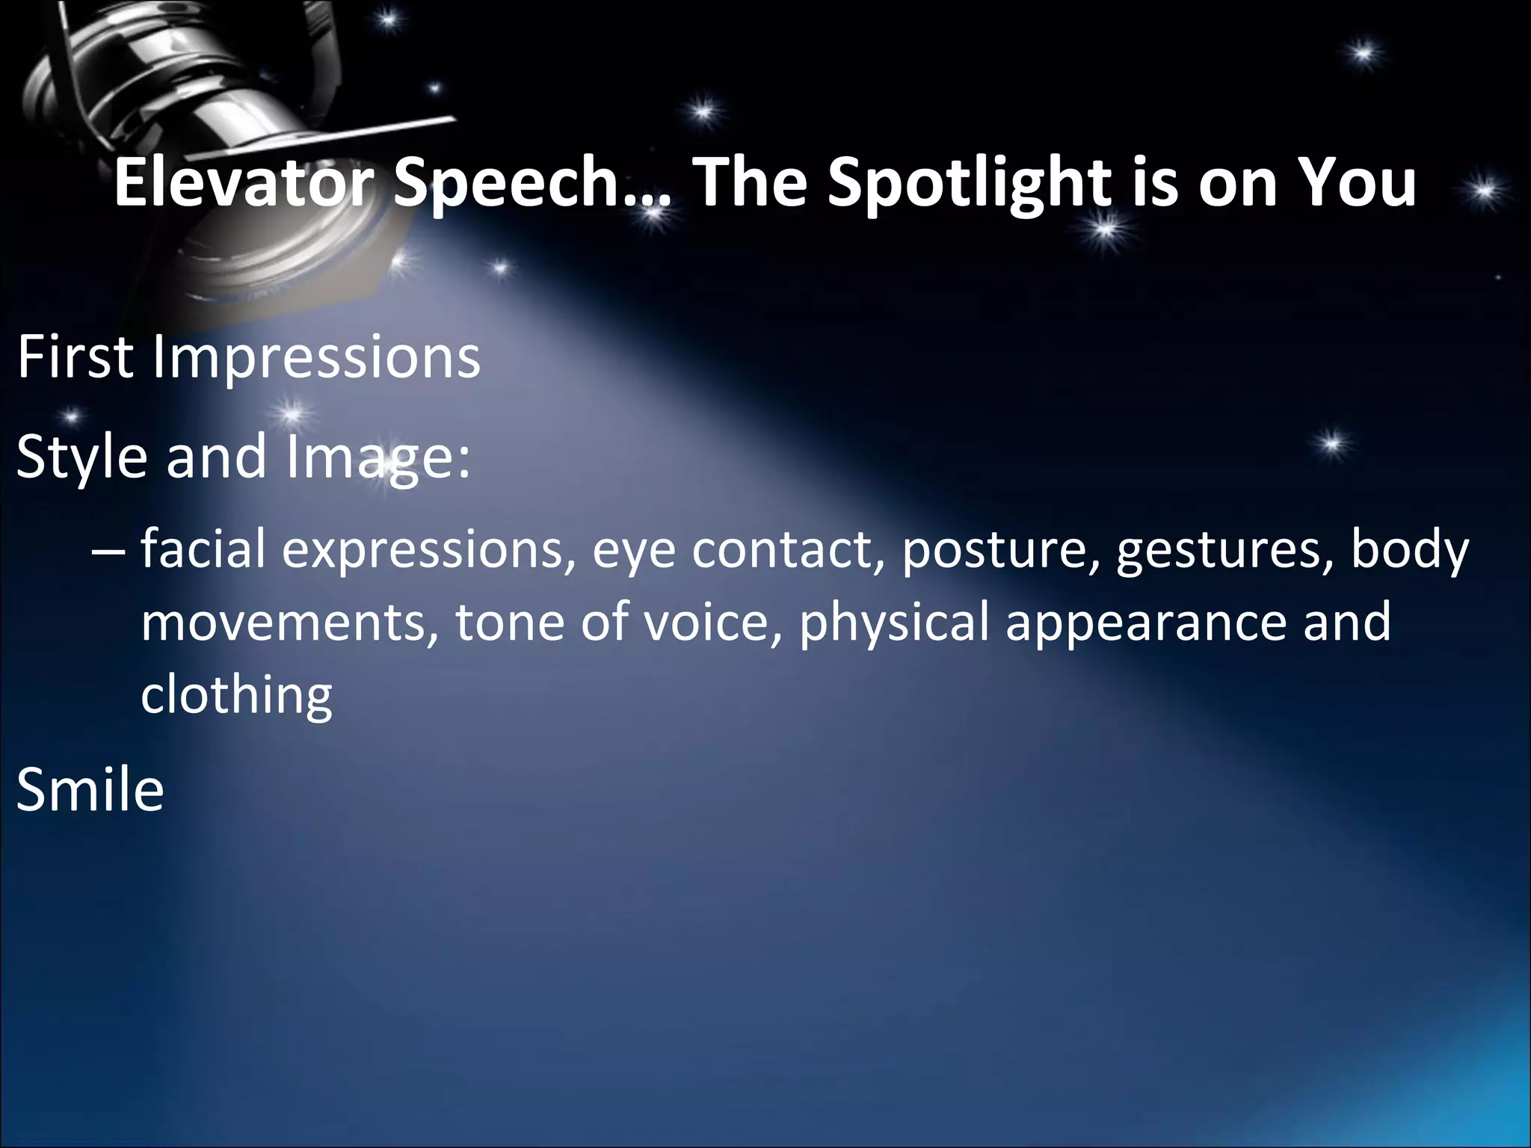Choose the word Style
[x=81, y=457]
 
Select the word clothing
[x=236, y=696]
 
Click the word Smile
[x=90, y=790]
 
